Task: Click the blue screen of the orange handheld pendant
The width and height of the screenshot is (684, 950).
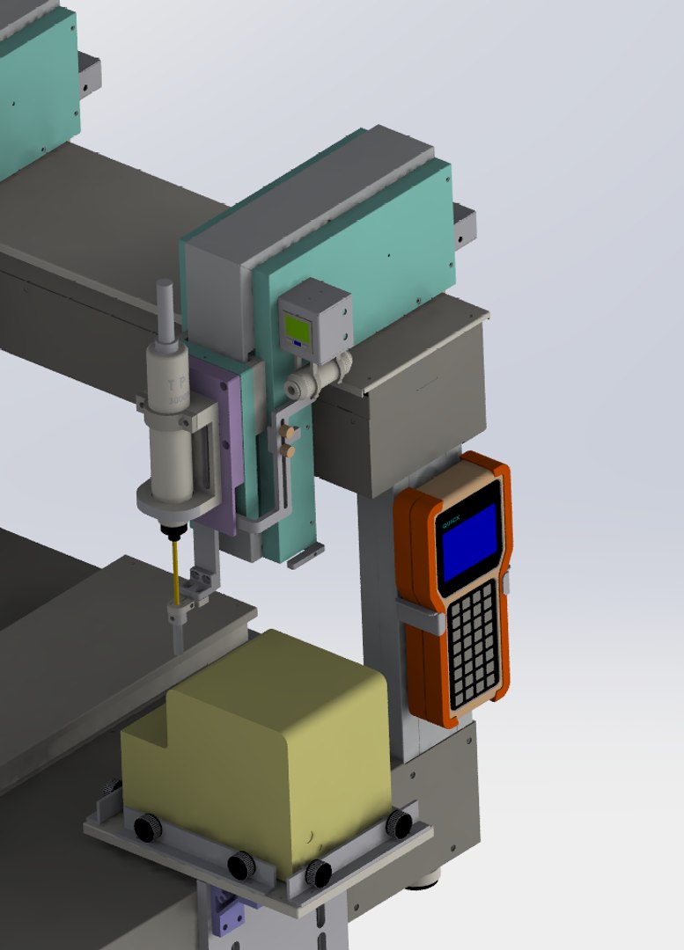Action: tap(471, 535)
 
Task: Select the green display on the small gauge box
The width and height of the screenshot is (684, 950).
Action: tap(297, 331)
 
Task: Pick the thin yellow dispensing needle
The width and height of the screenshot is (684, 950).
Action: tap(176, 572)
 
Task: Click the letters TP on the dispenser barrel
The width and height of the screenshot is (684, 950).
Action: tap(173, 385)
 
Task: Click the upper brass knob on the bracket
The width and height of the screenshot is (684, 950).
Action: tap(285, 432)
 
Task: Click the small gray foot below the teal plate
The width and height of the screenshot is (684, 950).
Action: tap(305, 555)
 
